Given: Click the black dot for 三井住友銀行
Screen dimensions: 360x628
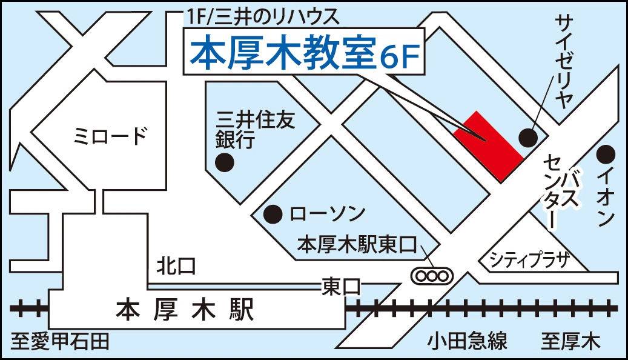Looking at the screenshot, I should [225, 162].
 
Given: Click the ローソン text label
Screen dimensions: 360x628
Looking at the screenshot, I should [328, 214].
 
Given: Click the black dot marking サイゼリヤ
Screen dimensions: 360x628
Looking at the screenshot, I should [528, 138].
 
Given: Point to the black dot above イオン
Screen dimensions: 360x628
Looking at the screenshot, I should [606, 154].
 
